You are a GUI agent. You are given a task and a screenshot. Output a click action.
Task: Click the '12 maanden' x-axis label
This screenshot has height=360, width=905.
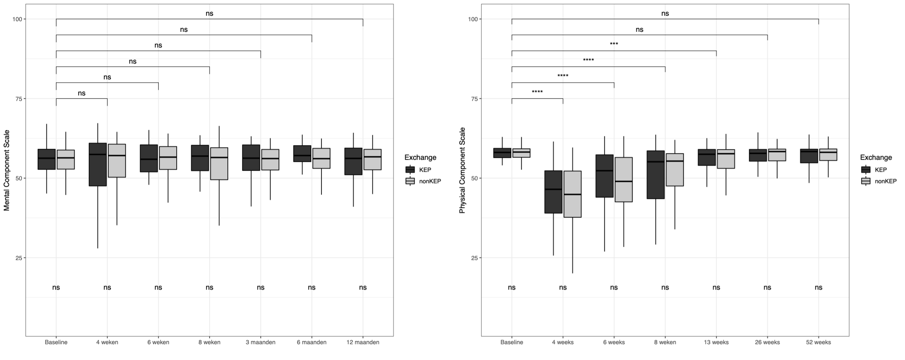click(363, 342)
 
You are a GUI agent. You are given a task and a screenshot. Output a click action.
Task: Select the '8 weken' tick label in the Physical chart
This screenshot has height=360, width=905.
click(665, 342)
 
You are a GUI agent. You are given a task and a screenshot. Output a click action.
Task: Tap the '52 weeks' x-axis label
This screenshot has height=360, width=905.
click(818, 342)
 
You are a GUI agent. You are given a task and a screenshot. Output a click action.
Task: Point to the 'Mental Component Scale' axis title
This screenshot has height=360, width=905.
click(7, 170)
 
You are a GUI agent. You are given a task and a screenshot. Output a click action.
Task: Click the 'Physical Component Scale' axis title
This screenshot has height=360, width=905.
click(463, 170)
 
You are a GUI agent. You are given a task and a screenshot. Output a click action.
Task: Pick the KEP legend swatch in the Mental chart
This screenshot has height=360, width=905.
click(410, 170)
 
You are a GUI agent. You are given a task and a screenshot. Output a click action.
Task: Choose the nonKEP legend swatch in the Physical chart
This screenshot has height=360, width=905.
click(866, 181)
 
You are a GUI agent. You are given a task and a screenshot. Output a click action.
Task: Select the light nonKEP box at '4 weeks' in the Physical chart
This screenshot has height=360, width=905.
click(573, 194)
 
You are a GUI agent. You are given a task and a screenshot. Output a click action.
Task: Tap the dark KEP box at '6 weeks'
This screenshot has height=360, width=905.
click(604, 176)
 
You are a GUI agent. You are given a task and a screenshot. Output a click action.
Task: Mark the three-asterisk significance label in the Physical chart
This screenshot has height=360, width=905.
click(614, 44)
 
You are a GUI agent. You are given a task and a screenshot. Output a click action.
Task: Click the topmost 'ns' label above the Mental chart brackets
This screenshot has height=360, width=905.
click(209, 14)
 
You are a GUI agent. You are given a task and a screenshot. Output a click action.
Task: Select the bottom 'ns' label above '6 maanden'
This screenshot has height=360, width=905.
click(312, 288)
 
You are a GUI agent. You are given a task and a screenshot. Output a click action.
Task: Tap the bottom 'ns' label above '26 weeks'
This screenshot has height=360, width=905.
click(767, 288)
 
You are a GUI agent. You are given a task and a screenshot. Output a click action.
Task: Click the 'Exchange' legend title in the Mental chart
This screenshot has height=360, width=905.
click(420, 158)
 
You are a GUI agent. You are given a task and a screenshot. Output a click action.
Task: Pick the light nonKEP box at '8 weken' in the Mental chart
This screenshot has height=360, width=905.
click(219, 164)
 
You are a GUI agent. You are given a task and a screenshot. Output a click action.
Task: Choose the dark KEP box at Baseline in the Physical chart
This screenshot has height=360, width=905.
click(502, 153)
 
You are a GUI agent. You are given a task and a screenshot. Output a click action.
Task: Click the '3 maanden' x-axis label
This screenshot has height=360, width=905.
click(260, 342)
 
